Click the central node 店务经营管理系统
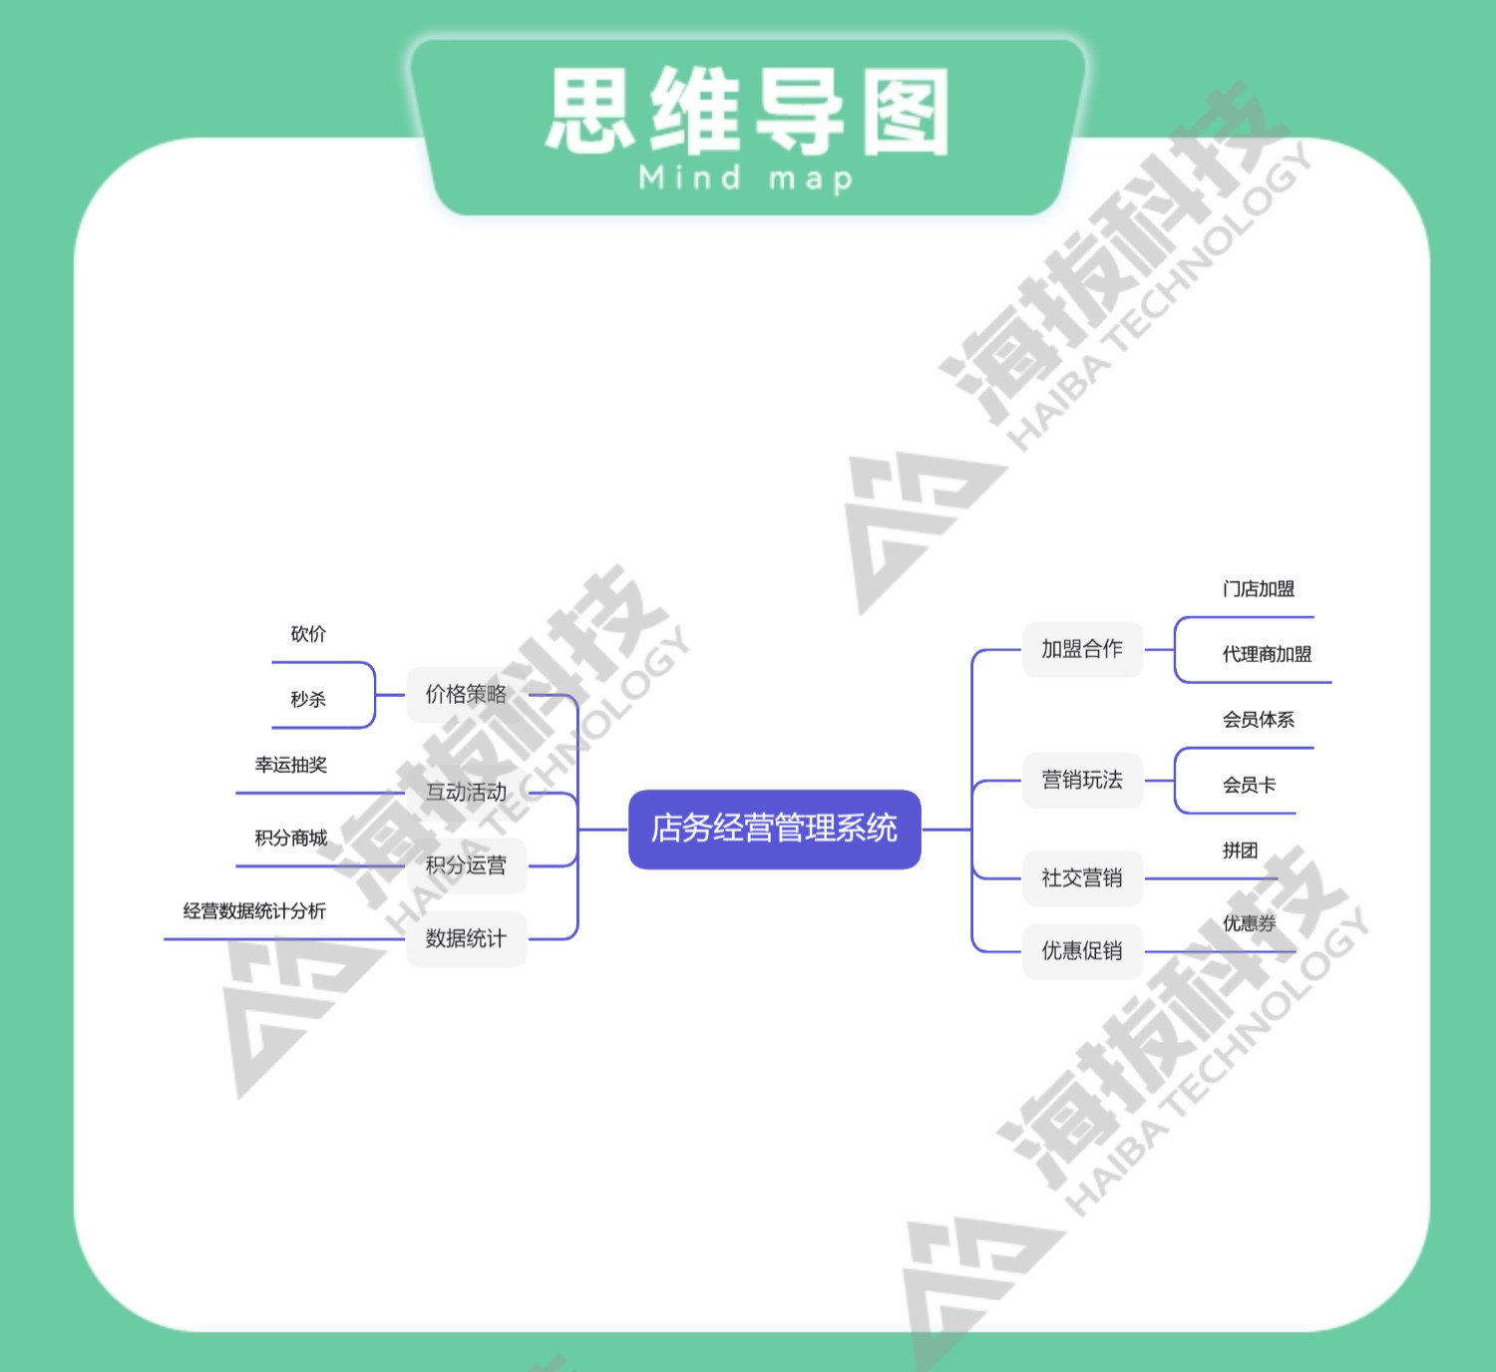coord(774,829)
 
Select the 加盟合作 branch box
coord(1082,649)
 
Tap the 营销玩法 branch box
coord(1082,780)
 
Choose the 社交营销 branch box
coord(1082,877)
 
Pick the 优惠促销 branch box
coord(1082,950)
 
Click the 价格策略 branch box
coord(466,694)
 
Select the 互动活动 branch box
coord(466,793)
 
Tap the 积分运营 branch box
coord(466,865)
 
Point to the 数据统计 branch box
coord(466,938)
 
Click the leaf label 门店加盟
coord(1259,589)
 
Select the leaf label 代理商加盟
coord(1267,654)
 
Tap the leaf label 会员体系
coord(1259,720)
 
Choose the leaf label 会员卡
coord(1249,785)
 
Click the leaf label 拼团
coord(1240,851)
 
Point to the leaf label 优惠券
coord(1249,923)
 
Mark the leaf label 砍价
coord(308,634)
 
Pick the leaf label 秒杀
coord(308,699)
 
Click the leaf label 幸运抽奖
coord(290,765)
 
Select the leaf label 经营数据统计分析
coord(254,910)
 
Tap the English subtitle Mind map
coord(746,178)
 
